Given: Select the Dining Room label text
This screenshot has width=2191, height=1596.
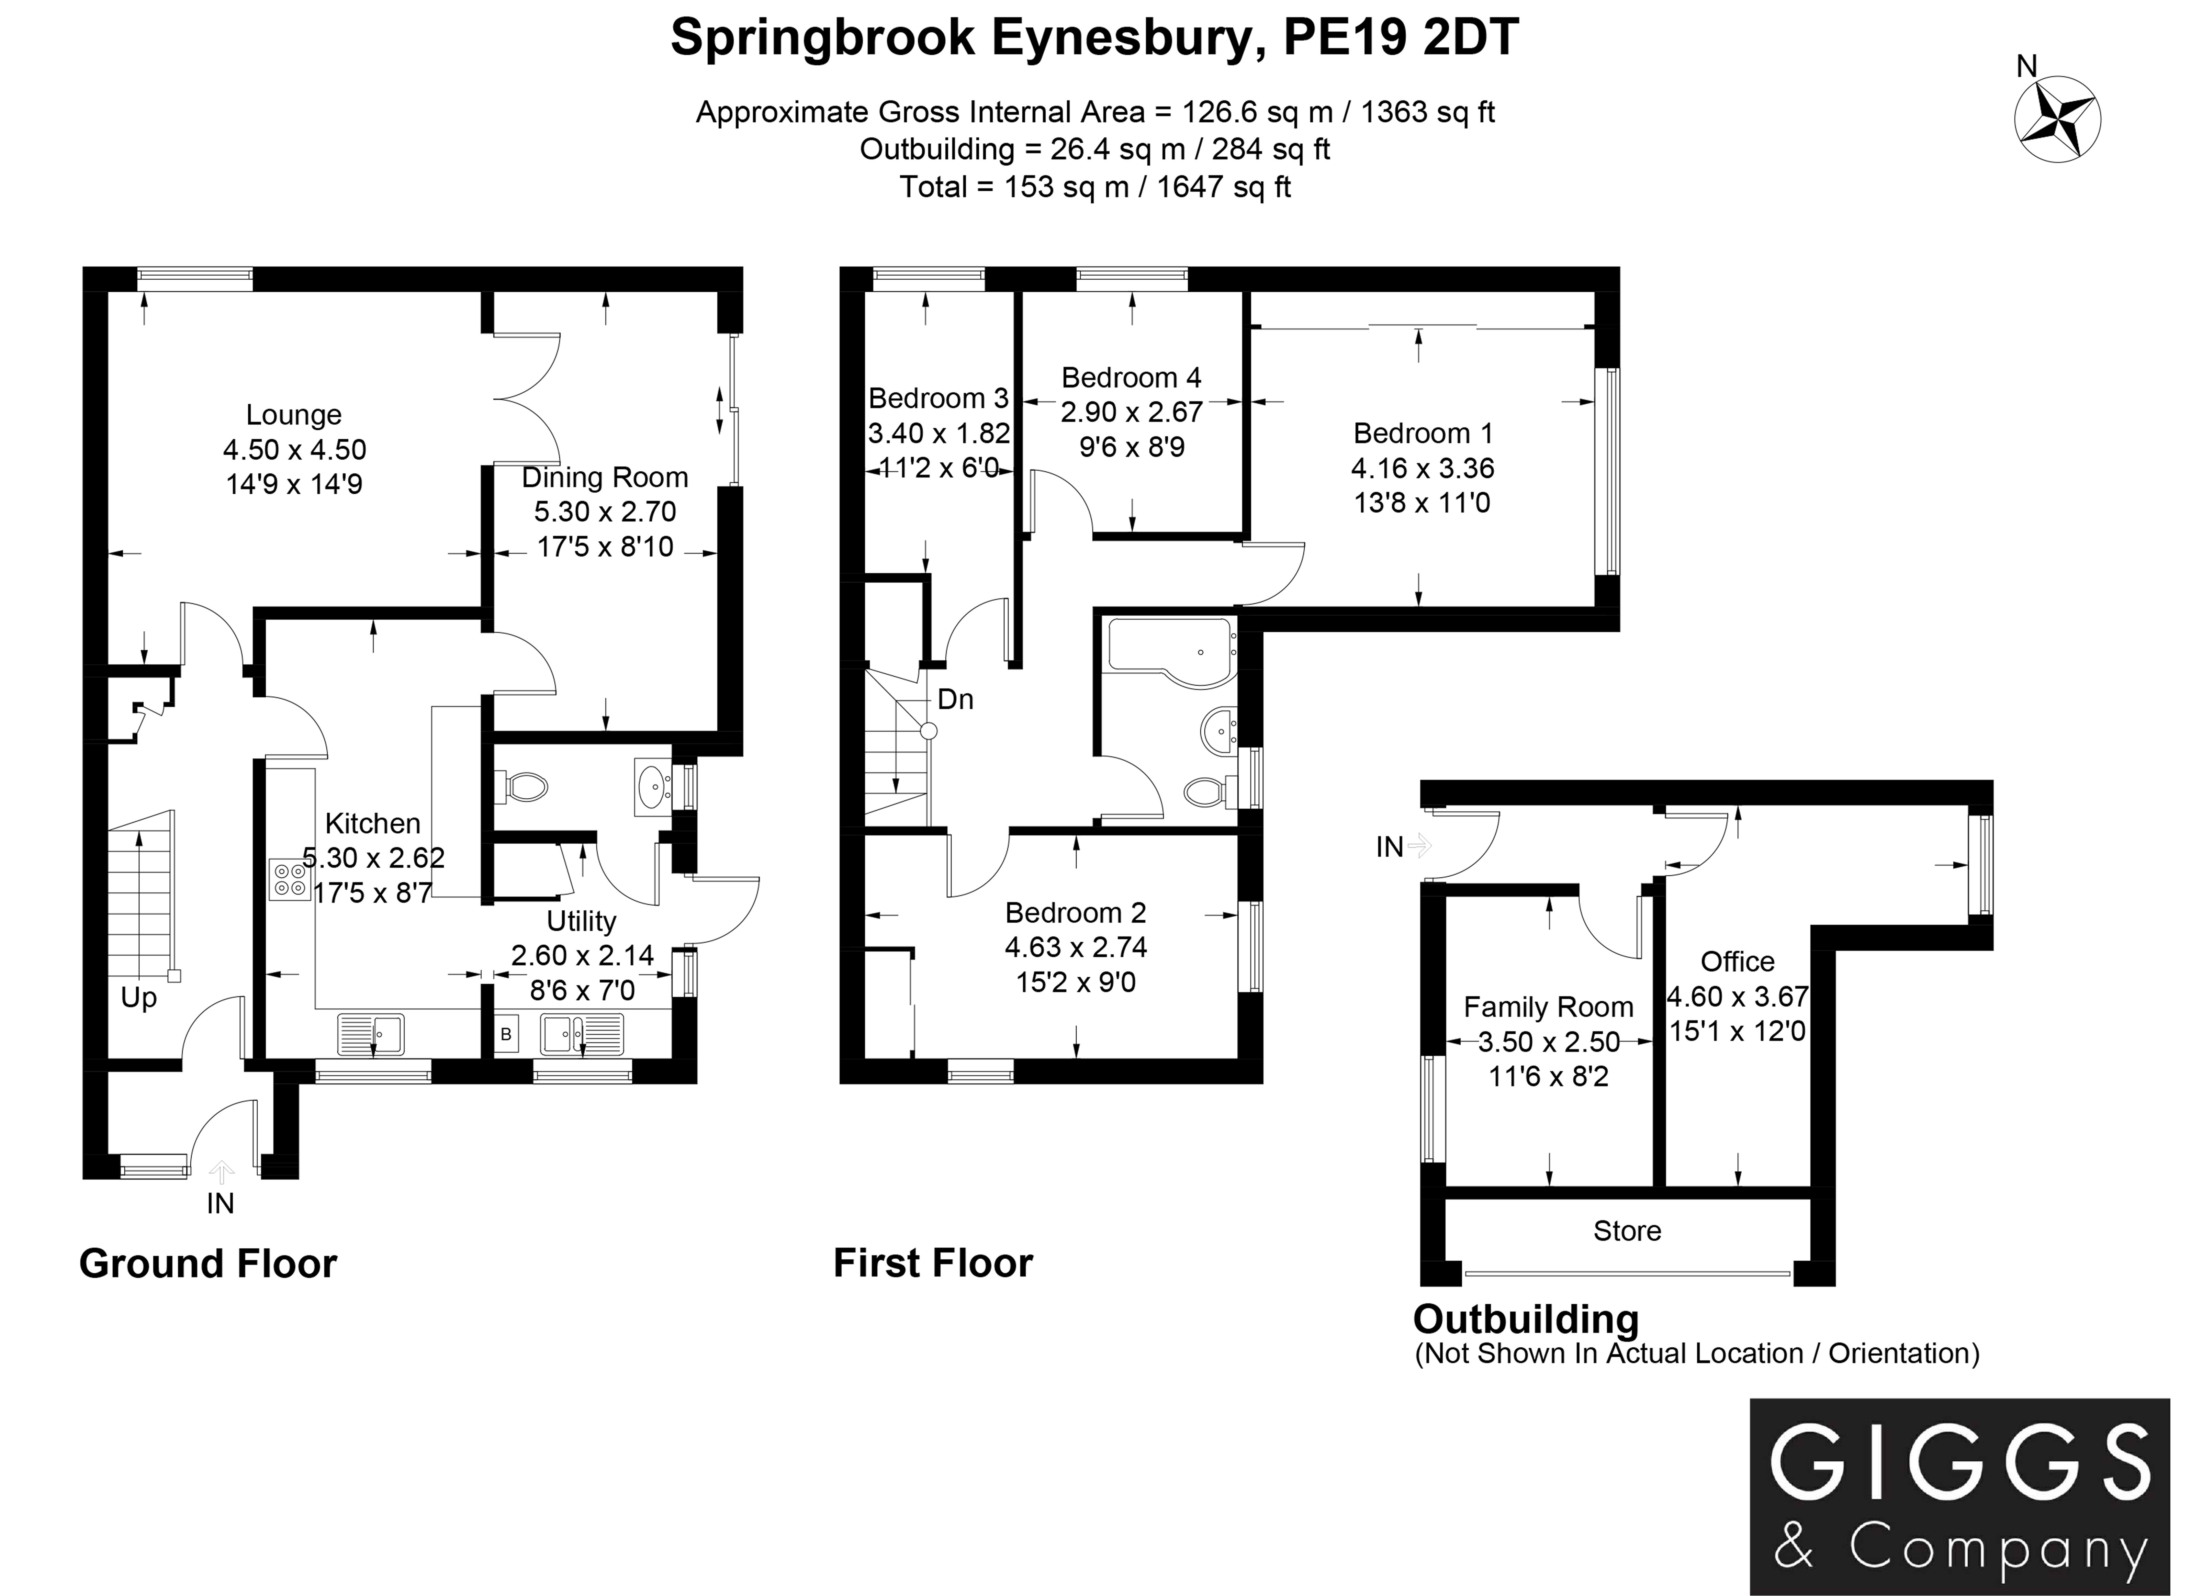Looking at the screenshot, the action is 605,477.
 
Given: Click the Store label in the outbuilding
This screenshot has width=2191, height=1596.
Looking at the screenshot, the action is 1627,1231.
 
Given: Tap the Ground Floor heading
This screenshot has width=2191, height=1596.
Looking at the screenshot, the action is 208,1264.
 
